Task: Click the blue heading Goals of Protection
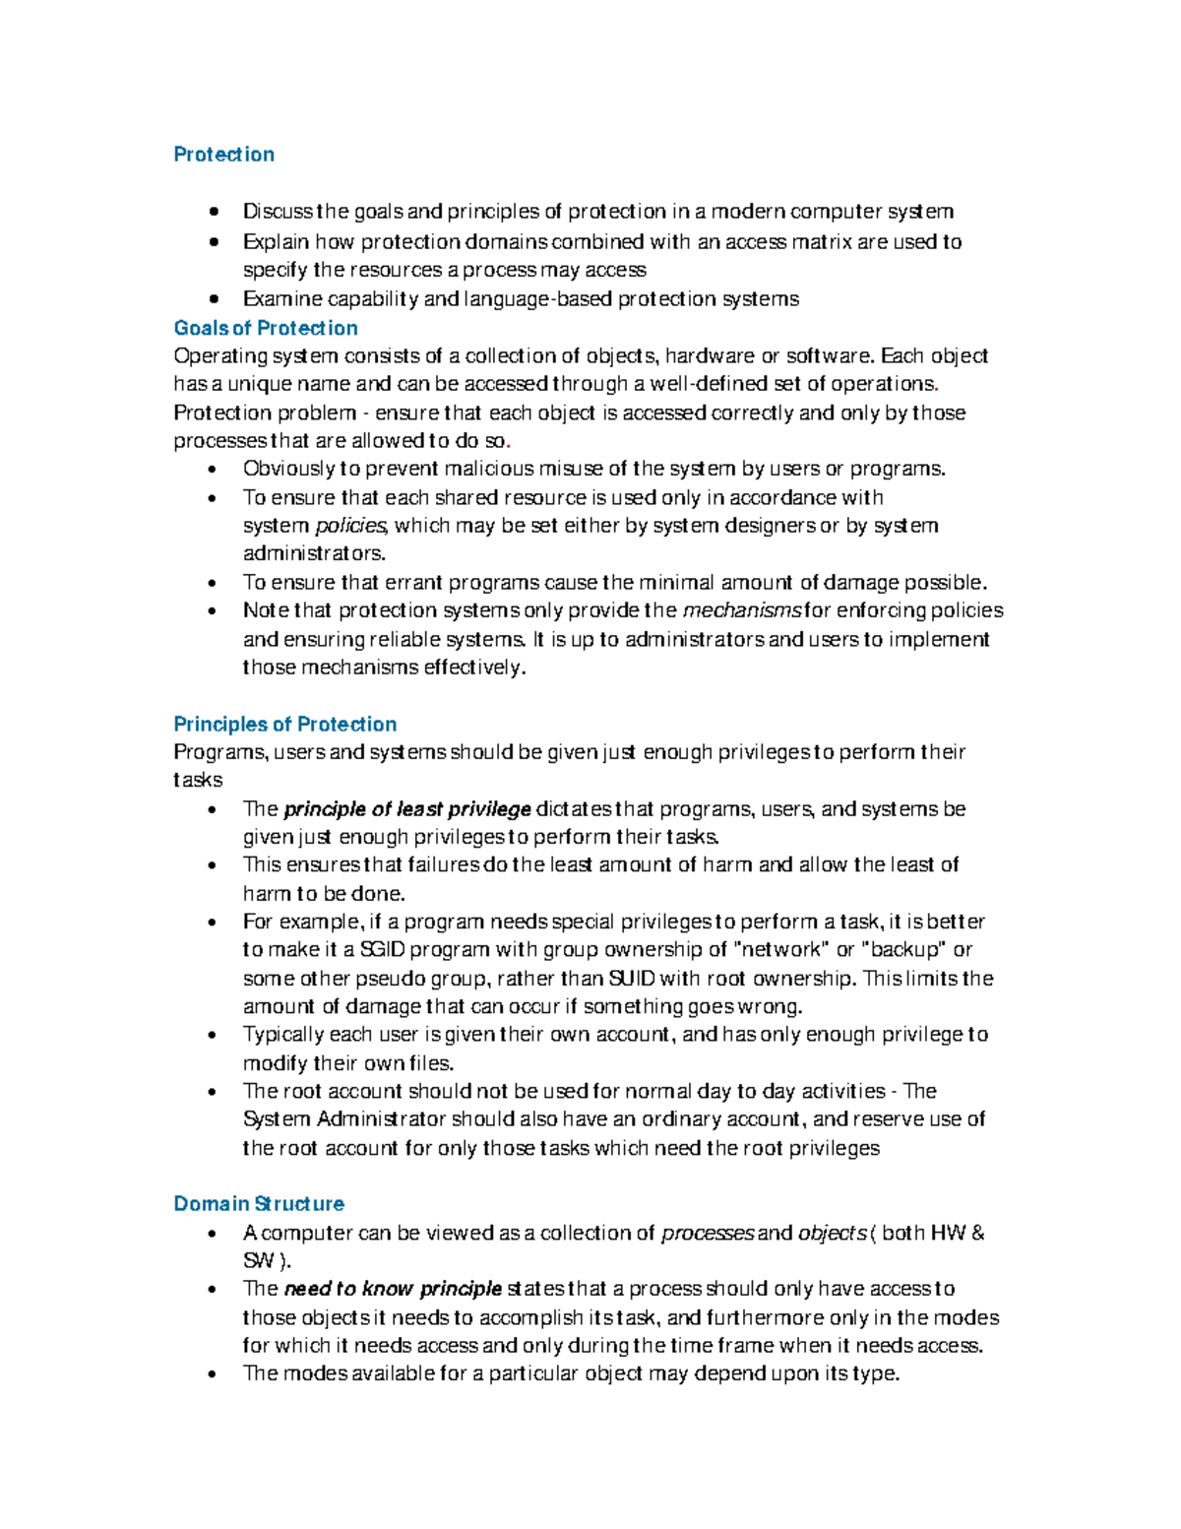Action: pyautogui.click(x=265, y=328)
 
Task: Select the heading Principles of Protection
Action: pyautogui.click(x=284, y=724)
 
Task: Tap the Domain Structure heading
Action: pyautogui.click(x=259, y=1203)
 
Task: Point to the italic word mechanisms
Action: pyautogui.click(x=742, y=610)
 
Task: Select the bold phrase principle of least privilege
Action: pyautogui.click(x=406, y=809)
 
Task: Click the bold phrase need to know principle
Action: pyautogui.click(x=393, y=1289)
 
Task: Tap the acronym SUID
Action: pyautogui.click(x=631, y=979)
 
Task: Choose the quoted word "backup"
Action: pyautogui.click(x=903, y=950)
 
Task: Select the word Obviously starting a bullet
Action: pyautogui.click(x=288, y=469)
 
